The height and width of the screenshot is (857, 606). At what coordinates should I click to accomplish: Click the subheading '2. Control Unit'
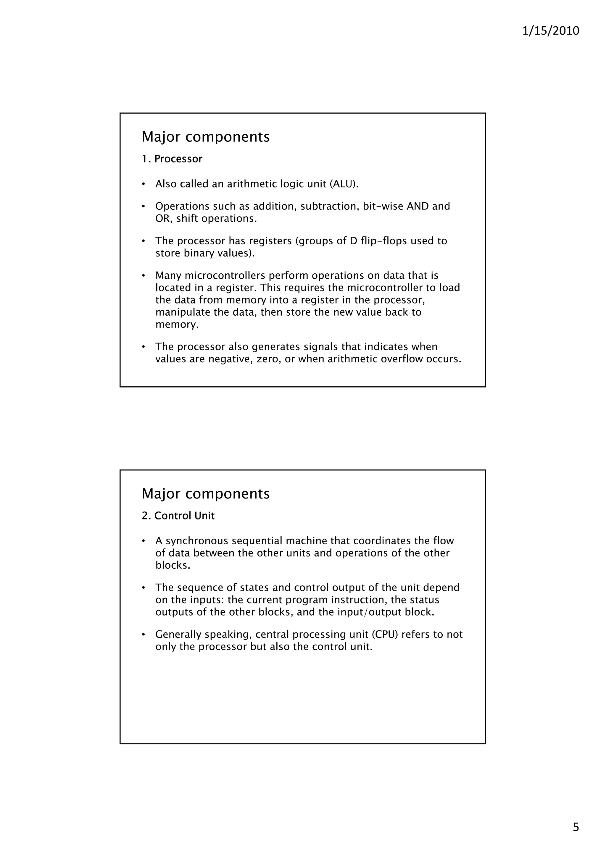point(178,516)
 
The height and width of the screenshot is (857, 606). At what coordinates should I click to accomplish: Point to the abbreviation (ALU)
point(344,184)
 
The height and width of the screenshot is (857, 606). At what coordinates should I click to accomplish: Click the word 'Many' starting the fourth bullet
point(168,276)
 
